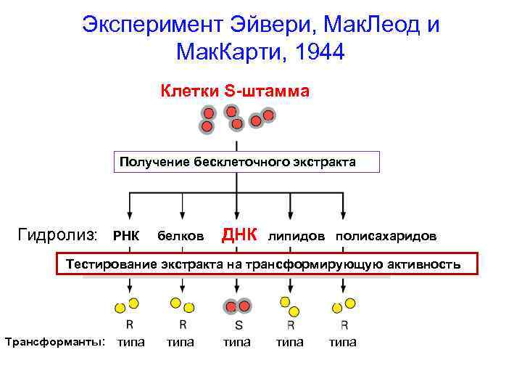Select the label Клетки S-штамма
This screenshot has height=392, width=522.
pos(235,92)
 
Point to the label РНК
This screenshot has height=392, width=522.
pos(125,237)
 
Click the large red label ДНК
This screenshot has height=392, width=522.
pos(239,234)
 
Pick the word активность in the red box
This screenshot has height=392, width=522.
pos(423,264)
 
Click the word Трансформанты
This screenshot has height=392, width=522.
pos(55,341)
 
